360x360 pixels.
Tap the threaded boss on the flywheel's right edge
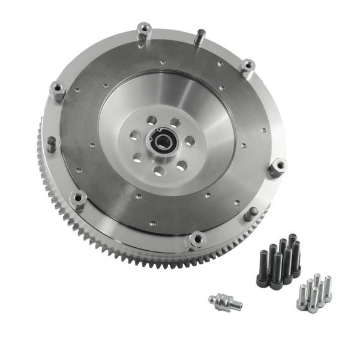(x=277, y=167)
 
